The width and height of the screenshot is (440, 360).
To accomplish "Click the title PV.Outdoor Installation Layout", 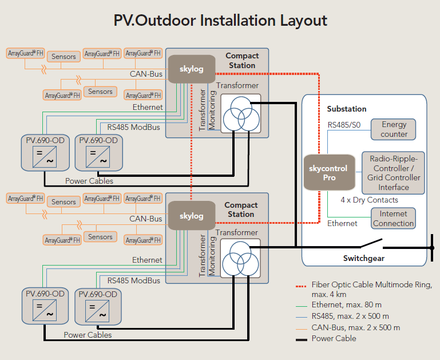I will (x=220, y=21).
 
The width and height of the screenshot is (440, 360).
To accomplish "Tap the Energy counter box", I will (x=394, y=129).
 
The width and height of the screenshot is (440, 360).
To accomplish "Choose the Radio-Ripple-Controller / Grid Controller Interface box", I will (x=394, y=172).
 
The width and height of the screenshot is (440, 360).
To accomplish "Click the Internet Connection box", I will (x=393, y=219).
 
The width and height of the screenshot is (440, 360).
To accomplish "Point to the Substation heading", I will (x=347, y=109).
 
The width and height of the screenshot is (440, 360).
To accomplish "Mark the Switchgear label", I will (x=363, y=258).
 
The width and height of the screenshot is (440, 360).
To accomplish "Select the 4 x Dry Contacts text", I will (x=369, y=200).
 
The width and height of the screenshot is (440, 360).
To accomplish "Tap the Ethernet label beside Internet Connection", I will (x=342, y=223).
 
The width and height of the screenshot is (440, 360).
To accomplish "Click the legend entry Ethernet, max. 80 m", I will (x=346, y=305).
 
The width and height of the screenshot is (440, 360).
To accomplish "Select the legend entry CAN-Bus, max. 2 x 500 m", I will (x=355, y=327).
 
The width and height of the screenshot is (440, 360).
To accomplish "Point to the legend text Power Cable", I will (x=334, y=338).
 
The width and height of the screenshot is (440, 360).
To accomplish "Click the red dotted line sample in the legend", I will (x=300, y=285).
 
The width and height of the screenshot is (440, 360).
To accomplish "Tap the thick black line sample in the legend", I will (x=300, y=339).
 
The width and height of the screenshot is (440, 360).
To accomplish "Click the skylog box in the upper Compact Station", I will (x=191, y=69).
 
